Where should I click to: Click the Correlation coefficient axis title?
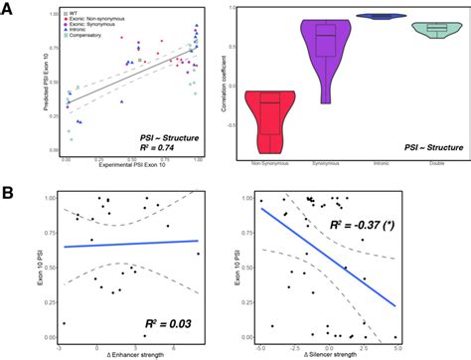pos(232,82)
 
